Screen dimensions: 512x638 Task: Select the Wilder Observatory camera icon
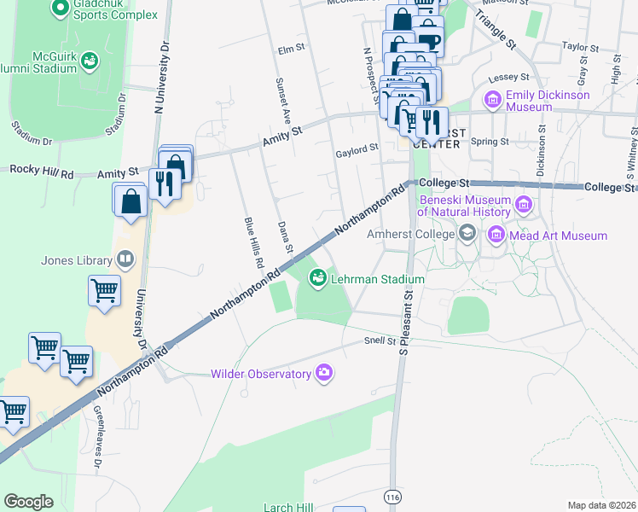[324, 373]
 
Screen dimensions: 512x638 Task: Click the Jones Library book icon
[125, 260]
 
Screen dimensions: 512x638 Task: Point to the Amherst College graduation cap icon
[467, 233]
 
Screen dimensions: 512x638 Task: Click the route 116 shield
[392, 497]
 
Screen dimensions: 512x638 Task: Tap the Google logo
[28, 502]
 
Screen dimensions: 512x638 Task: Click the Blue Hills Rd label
[252, 243]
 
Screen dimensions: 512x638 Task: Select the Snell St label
[380, 341]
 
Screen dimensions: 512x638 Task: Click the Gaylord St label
[357, 148]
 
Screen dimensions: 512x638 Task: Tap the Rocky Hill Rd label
[41, 172]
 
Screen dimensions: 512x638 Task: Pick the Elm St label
[291, 49]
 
